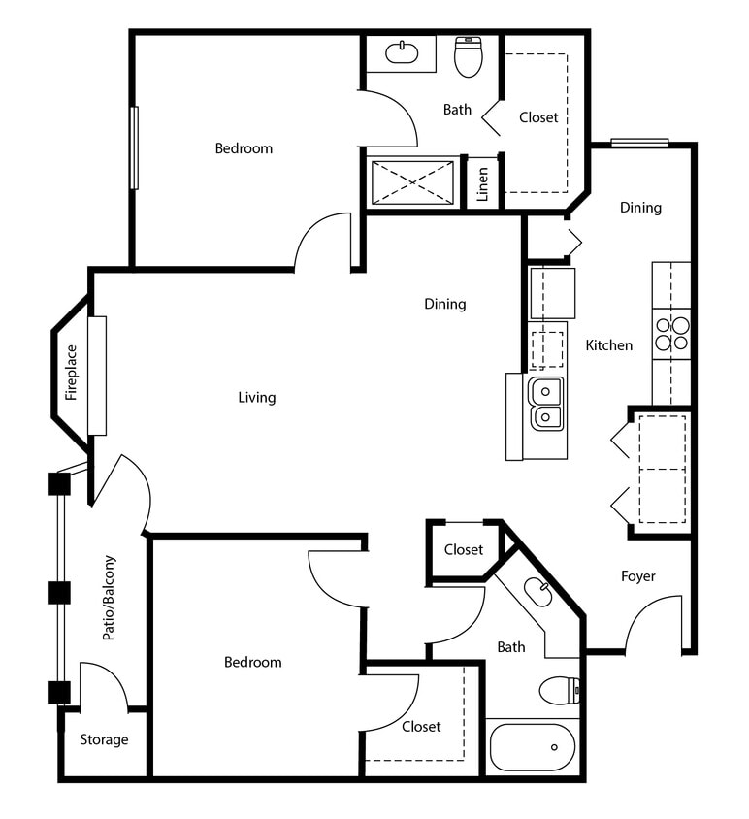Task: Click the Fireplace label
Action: click(x=71, y=373)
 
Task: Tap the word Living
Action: click(x=257, y=397)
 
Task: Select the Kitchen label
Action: click(x=608, y=345)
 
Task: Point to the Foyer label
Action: click(x=637, y=576)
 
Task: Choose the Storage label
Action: click(x=104, y=739)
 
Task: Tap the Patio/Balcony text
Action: click(x=109, y=598)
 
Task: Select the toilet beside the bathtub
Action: click(x=559, y=691)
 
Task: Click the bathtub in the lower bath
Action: click(x=532, y=746)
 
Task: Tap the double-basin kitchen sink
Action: click(x=545, y=404)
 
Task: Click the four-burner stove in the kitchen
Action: click(x=671, y=333)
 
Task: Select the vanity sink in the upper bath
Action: click(x=402, y=53)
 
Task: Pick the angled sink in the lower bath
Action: click(x=537, y=590)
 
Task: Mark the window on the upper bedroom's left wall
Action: click(x=134, y=147)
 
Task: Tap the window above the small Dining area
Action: click(x=639, y=143)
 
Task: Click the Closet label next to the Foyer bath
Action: click(x=463, y=550)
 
